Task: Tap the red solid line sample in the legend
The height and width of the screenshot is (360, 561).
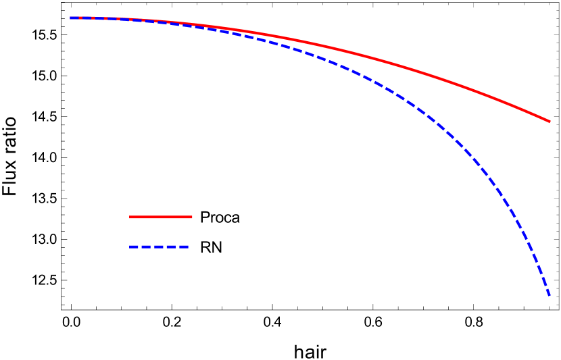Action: pyautogui.click(x=161, y=217)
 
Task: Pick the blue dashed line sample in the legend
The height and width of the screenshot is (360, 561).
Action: pyautogui.click(x=160, y=247)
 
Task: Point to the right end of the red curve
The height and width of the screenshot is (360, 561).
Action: pyautogui.click(x=550, y=122)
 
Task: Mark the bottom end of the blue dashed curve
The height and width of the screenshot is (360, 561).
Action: pyautogui.click(x=550, y=295)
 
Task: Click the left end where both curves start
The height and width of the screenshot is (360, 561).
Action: pyautogui.click(x=71, y=18)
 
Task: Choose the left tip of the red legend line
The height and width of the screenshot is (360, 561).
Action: pyautogui.click(x=130, y=217)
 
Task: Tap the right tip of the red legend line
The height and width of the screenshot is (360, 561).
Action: pyautogui.click(x=192, y=217)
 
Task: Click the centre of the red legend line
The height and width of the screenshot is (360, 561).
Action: pyautogui.click(x=161, y=217)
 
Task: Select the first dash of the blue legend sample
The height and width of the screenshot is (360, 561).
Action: pyautogui.click(x=134, y=247)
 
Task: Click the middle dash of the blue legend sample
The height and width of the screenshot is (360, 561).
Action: pyautogui.click(x=160, y=247)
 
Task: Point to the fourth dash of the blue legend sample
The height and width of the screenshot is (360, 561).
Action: pyautogui.click(x=172, y=247)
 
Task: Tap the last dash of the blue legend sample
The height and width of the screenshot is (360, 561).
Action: pyautogui.click(x=184, y=247)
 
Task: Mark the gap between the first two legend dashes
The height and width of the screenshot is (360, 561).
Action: pyautogui.click(x=140, y=247)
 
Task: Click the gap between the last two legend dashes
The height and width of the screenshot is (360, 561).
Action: pyautogui.click(x=178, y=247)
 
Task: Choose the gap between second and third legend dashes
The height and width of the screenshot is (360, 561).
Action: pyautogui.click(x=153, y=247)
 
